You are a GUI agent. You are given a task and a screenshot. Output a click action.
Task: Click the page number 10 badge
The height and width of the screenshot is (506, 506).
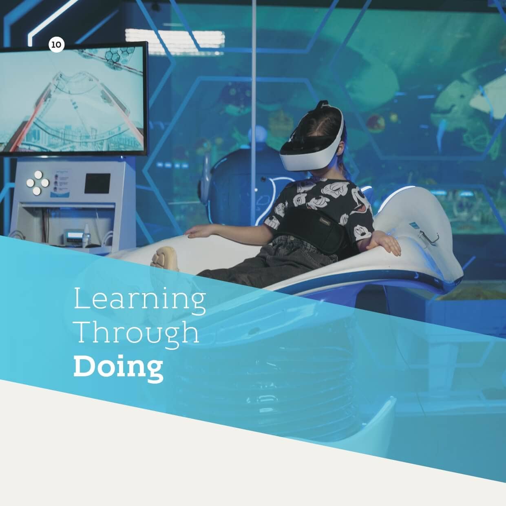click(56, 44)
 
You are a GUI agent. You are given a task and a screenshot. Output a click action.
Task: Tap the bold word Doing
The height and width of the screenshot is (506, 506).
click(118, 368)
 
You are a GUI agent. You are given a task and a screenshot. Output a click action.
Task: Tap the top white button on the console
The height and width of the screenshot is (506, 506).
click(38, 175)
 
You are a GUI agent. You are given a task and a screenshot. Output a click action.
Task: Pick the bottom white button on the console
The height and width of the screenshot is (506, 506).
click(37, 191)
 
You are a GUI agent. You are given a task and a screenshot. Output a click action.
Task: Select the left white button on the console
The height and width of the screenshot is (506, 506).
click(30, 183)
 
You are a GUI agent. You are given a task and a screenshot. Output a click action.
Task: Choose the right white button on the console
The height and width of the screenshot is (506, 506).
click(45, 183)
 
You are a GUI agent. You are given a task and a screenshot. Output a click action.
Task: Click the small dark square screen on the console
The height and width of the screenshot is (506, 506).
click(97, 183)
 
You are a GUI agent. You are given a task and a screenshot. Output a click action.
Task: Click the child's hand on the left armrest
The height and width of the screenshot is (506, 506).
click(197, 232)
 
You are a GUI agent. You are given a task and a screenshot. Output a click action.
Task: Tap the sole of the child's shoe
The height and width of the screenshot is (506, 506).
click(166, 259)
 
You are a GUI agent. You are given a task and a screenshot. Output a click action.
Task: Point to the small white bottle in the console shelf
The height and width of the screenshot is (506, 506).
click(86, 234)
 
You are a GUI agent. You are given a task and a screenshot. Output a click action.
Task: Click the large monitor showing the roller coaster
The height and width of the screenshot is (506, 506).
click(72, 100)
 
